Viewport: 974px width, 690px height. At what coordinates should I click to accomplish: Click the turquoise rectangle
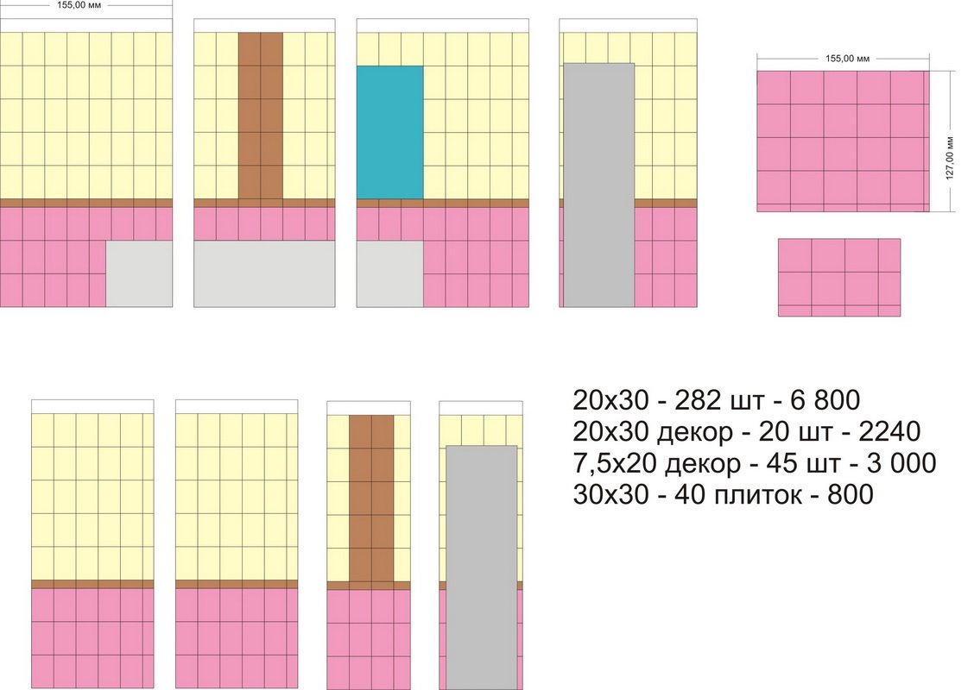(389, 132)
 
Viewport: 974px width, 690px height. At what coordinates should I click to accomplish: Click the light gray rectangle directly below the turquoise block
(389, 273)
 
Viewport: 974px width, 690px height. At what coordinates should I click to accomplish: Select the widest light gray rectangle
(264, 273)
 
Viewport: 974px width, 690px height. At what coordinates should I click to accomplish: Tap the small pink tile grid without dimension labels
(838, 277)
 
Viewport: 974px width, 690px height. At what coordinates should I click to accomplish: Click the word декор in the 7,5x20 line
(703, 464)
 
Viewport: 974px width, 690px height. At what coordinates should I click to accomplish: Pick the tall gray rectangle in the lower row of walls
(481, 565)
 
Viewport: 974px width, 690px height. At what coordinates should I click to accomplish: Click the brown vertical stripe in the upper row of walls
(260, 116)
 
